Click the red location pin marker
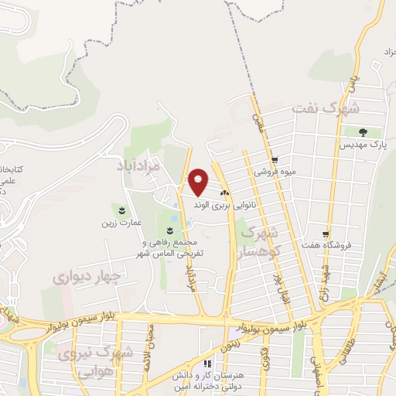click(x=199, y=181)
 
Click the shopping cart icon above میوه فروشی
click(x=275, y=160)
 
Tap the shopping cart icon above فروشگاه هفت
click(x=327, y=234)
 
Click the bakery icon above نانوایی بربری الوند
click(x=225, y=193)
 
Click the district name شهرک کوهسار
click(x=259, y=240)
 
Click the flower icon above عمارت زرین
click(x=121, y=210)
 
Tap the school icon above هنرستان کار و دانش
click(x=207, y=364)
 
